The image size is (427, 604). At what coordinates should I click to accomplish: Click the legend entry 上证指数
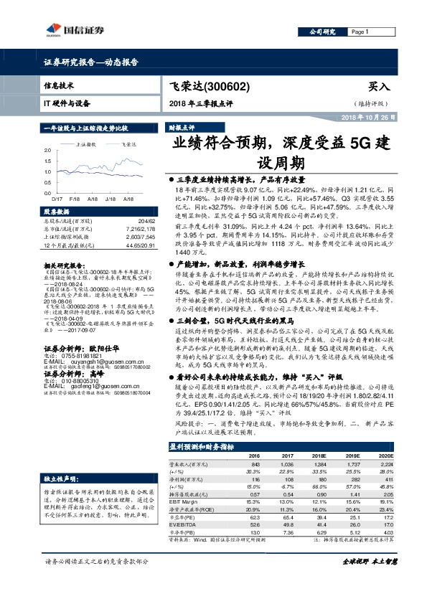click(x=86, y=144)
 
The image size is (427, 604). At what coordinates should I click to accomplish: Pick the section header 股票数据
click(x=57, y=212)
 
